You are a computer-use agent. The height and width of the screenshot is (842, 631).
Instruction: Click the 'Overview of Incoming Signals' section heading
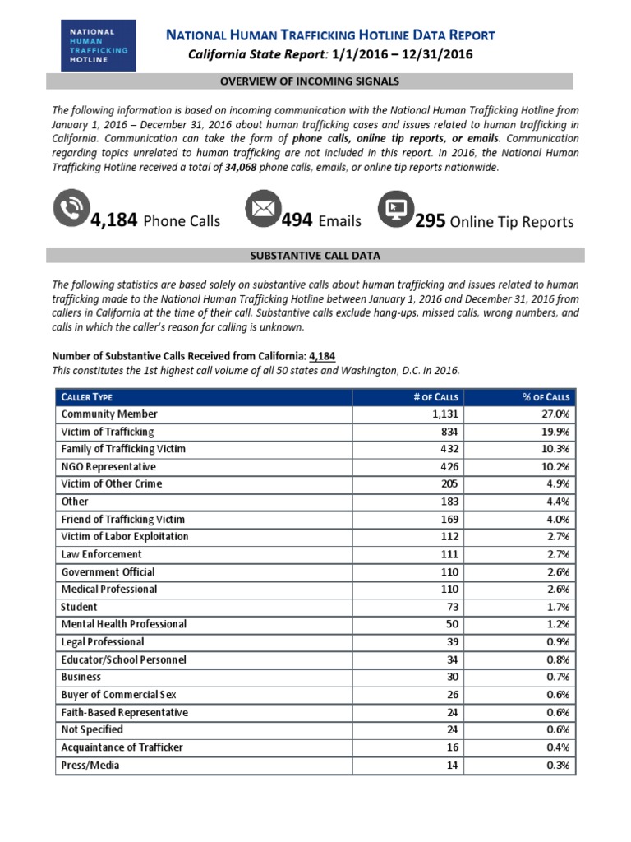[309, 81]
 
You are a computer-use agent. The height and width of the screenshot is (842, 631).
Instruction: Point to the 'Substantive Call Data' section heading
[315, 256]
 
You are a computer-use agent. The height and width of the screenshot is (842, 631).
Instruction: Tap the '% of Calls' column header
[546, 396]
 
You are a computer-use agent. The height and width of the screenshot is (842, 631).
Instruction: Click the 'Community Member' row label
[109, 414]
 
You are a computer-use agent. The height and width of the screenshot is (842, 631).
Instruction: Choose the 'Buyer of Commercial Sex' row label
[118, 695]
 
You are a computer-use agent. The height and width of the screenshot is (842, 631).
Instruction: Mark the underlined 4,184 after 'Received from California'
[322, 356]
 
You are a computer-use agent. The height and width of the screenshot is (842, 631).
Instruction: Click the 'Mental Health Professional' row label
[124, 624]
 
